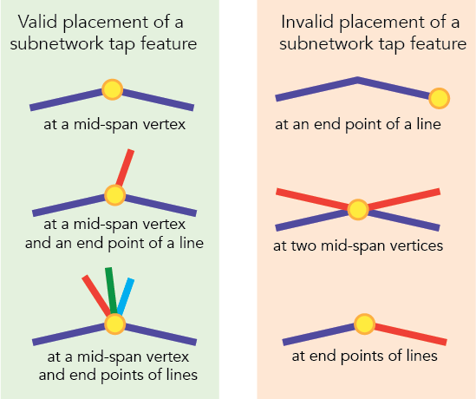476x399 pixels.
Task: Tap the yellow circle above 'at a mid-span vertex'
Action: [x=112, y=88]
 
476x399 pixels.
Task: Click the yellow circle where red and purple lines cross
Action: [x=358, y=209]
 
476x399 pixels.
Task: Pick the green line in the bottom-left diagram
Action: [x=111, y=291]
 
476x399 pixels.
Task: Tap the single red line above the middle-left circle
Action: [x=125, y=168]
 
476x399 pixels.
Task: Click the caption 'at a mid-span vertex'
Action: [x=115, y=124]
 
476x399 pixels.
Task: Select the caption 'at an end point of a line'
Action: [x=358, y=124]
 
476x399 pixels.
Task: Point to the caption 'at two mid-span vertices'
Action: [x=358, y=245]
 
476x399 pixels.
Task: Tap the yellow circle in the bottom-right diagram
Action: [x=364, y=324]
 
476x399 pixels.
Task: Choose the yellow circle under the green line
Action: [x=114, y=323]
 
